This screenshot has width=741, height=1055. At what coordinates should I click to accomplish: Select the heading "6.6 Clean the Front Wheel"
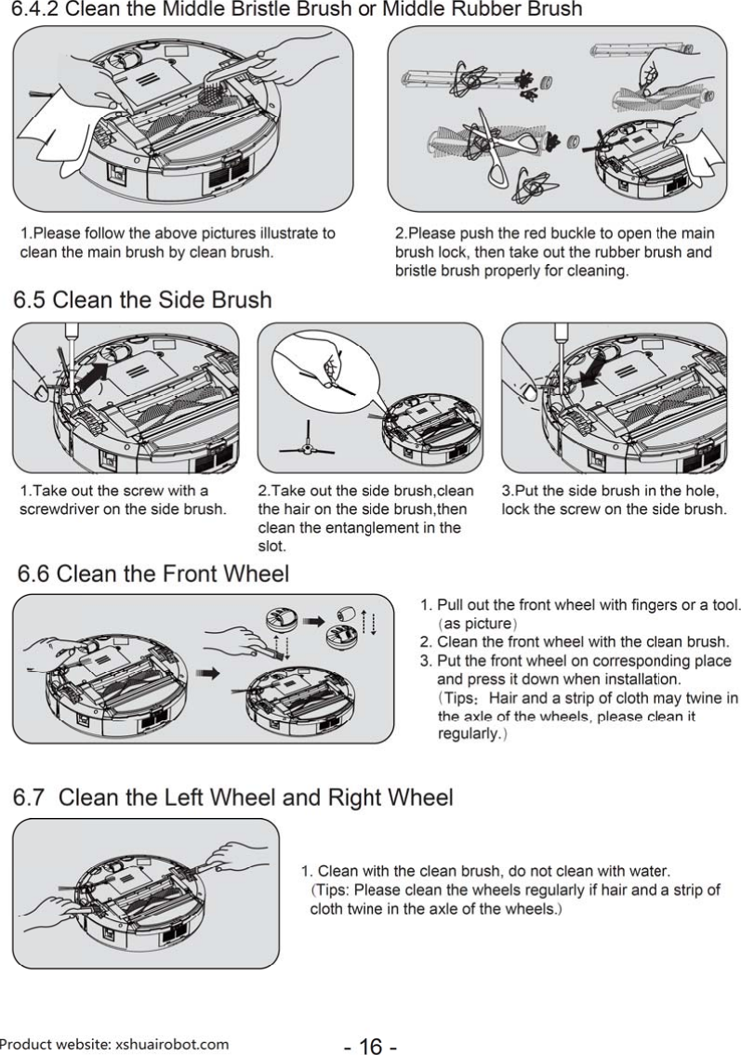149,574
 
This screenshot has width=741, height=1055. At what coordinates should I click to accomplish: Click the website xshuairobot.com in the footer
171,1044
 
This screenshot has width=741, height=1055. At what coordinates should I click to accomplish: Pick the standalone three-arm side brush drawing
309,448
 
